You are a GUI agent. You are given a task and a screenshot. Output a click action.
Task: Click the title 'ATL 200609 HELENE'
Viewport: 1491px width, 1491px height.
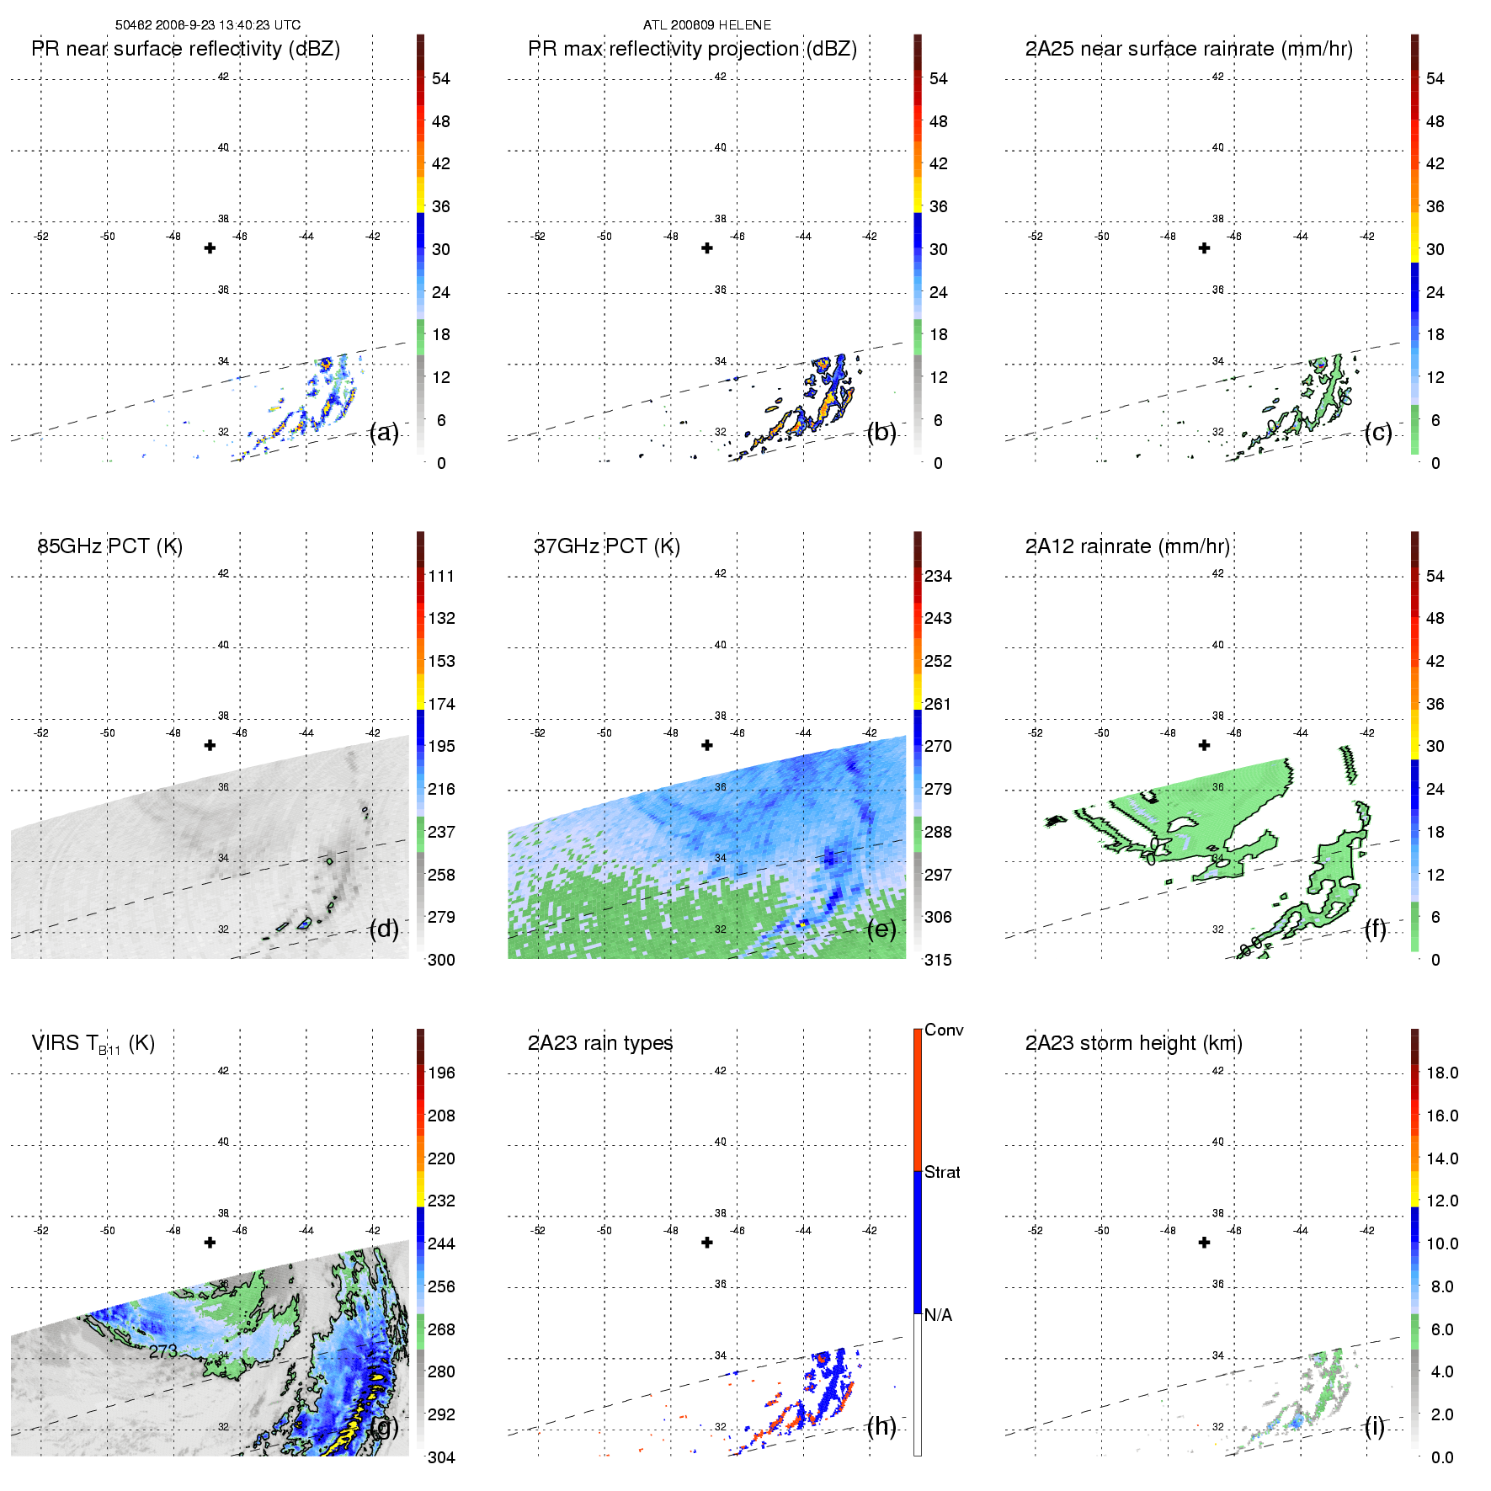[707, 25]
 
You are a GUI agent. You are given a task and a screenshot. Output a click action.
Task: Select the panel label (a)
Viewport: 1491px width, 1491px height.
[384, 432]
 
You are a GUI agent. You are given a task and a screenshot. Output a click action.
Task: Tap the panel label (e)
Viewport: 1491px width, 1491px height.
[881, 929]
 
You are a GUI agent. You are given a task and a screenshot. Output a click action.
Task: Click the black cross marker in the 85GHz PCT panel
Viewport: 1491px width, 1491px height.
[210, 745]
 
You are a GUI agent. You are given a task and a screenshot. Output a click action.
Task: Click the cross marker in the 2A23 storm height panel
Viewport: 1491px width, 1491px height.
[1204, 1243]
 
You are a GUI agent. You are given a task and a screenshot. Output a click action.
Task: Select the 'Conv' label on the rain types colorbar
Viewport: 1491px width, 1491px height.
[944, 1030]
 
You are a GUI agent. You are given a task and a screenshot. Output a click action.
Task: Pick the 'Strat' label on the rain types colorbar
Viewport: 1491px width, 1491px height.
[942, 1172]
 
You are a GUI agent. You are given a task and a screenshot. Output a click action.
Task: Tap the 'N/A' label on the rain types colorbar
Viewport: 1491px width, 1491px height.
[938, 1315]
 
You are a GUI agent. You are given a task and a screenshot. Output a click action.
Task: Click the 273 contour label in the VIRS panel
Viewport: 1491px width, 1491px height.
[163, 1351]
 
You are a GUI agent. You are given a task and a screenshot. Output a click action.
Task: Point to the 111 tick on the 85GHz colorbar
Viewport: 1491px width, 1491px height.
[441, 576]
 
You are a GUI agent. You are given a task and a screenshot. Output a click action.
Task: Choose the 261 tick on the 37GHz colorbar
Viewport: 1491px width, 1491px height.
[938, 704]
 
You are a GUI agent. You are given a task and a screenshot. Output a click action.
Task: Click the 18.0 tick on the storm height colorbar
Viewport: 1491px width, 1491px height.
[1442, 1073]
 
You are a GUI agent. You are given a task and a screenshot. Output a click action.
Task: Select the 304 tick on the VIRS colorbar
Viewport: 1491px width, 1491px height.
[441, 1457]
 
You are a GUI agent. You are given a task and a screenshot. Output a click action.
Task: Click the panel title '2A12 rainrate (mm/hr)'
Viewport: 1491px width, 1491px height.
[1127, 546]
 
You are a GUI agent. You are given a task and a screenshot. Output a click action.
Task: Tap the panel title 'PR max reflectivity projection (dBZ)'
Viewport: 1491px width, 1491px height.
[692, 49]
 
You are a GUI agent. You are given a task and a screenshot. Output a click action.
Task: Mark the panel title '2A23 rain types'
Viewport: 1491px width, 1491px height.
[600, 1043]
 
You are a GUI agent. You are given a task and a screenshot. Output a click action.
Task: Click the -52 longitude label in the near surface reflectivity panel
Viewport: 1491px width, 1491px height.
[41, 237]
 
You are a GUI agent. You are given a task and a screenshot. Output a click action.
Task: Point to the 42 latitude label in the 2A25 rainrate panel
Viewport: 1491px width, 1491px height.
[1217, 77]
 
